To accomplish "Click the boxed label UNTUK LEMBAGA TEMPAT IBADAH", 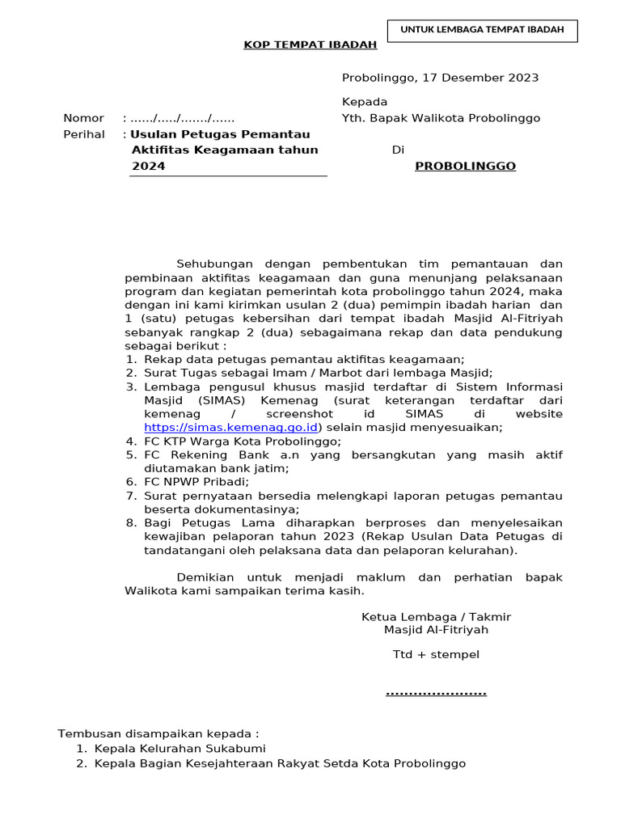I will (483, 31).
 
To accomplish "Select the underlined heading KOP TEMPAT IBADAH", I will (310, 44).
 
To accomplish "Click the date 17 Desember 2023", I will (478, 78).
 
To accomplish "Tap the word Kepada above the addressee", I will (365, 102).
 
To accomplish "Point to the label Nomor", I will (83, 118).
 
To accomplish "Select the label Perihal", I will (84, 134).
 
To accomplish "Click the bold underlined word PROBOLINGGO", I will (465, 166).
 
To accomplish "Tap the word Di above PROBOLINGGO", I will (397, 150).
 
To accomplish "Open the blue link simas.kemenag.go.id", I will (230, 427).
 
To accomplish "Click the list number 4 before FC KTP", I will (130, 441).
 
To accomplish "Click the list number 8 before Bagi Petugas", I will (130, 522).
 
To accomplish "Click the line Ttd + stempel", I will (436, 653).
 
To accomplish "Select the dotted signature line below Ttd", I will (436, 693).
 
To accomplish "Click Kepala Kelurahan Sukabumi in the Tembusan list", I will (180, 749).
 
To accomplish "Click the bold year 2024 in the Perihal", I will (148, 166).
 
